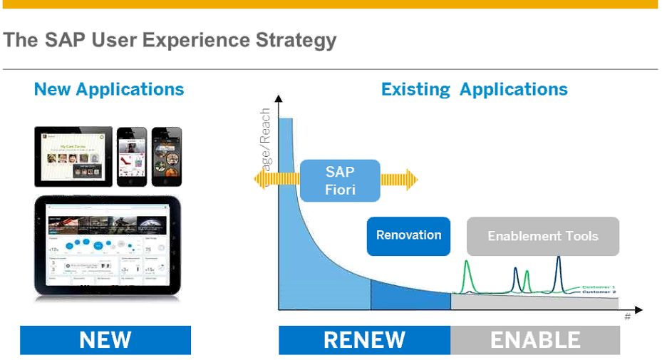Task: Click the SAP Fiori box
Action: point(340,180)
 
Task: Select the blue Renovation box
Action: point(408,236)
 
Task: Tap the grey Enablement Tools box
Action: point(542,237)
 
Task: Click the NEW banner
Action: point(105,340)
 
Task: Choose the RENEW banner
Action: point(364,340)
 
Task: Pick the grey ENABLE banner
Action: point(535,340)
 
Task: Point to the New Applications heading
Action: point(109,89)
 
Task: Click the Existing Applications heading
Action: point(474,89)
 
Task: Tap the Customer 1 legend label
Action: point(599,287)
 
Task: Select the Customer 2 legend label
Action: point(599,292)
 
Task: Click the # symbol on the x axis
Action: point(627,317)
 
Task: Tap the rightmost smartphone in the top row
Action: point(166,155)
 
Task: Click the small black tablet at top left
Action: point(73,157)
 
